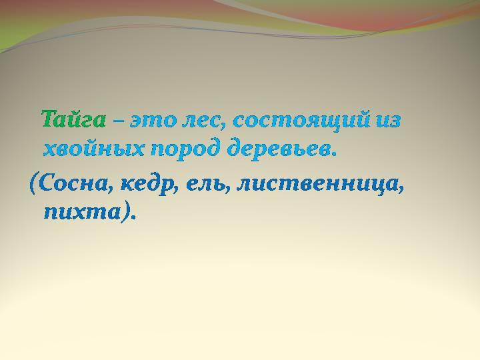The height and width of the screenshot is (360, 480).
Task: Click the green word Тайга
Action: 74,120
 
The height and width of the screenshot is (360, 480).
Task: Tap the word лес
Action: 201,121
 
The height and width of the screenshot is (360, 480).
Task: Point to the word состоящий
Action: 301,121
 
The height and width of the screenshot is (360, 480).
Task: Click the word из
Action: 387,121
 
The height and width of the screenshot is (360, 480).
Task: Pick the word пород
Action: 186,150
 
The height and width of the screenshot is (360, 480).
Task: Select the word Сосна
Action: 73,184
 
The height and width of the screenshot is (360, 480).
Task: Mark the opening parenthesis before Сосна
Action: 33,185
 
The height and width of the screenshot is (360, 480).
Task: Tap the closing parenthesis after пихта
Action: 125,212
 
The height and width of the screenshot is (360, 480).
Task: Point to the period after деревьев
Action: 333,154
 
